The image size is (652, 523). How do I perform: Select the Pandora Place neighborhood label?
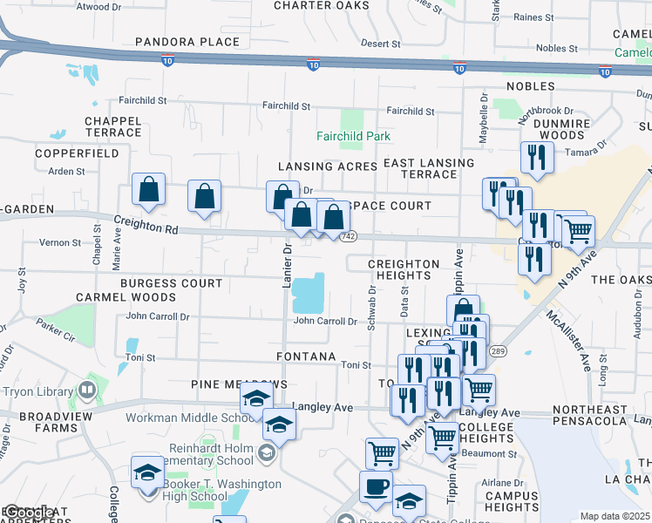(187, 42)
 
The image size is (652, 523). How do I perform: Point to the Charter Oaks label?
(322, 5)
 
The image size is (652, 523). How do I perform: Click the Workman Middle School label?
(187, 418)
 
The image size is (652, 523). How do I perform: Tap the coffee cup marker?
(376, 486)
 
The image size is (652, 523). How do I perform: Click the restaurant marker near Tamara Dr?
(535, 158)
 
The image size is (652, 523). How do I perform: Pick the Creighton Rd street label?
(146, 227)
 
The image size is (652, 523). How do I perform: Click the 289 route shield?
(498, 350)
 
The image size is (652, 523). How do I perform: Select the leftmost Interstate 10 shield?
(167, 59)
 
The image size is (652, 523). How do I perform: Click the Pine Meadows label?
(238, 384)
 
